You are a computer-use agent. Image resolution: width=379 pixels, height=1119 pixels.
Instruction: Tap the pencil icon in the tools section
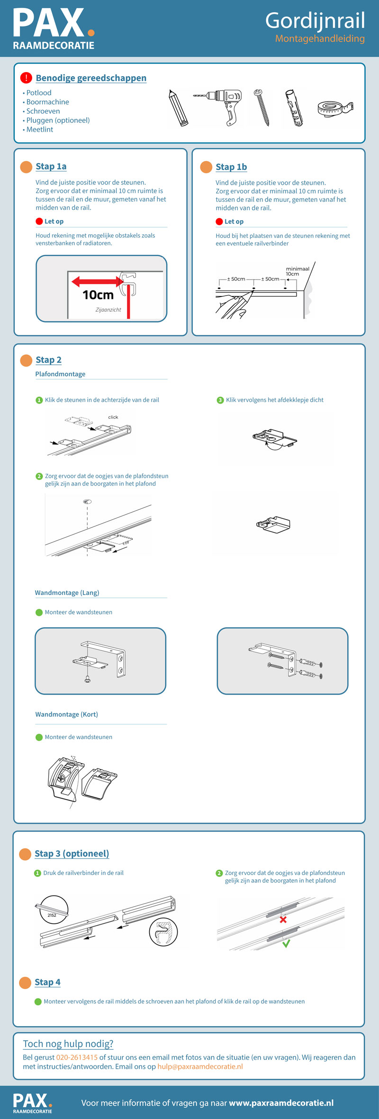pyautogui.click(x=179, y=108)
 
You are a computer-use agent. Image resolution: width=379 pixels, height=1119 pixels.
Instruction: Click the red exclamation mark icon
pyautogui.click(x=26, y=78)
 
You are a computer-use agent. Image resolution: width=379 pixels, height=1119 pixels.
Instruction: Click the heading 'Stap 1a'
pyautogui.click(x=51, y=166)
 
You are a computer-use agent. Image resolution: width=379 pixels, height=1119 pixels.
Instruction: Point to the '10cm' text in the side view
pyautogui.click(x=98, y=295)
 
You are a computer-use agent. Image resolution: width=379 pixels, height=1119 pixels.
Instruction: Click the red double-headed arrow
pyautogui.click(x=98, y=282)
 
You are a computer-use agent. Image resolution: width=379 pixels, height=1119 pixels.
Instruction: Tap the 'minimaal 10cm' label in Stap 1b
pyautogui.click(x=297, y=271)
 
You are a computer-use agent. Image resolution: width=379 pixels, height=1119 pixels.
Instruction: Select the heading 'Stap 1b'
pyautogui.click(x=231, y=167)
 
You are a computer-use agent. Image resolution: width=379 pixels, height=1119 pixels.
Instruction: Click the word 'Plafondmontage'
pyautogui.click(x=60, y=374)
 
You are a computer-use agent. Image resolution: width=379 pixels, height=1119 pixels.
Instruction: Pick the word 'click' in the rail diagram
pyautogui.click(x=113, y=417)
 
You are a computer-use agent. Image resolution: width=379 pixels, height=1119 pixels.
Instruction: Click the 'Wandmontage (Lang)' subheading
pyautogui.click(x=67, y=593)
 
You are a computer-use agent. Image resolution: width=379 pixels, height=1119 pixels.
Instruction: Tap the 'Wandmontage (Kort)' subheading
pyautogui.click(x=66, y=714)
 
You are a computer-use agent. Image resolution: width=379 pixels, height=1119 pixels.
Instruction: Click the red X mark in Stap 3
pyautogui.click(x=283, y=920)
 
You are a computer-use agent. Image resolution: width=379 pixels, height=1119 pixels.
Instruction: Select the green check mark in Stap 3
pyautogui.click(x=286, y=943)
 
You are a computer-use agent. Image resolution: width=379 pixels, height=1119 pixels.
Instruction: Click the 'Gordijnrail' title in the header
pyautogui.click(x=315, y=20)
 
